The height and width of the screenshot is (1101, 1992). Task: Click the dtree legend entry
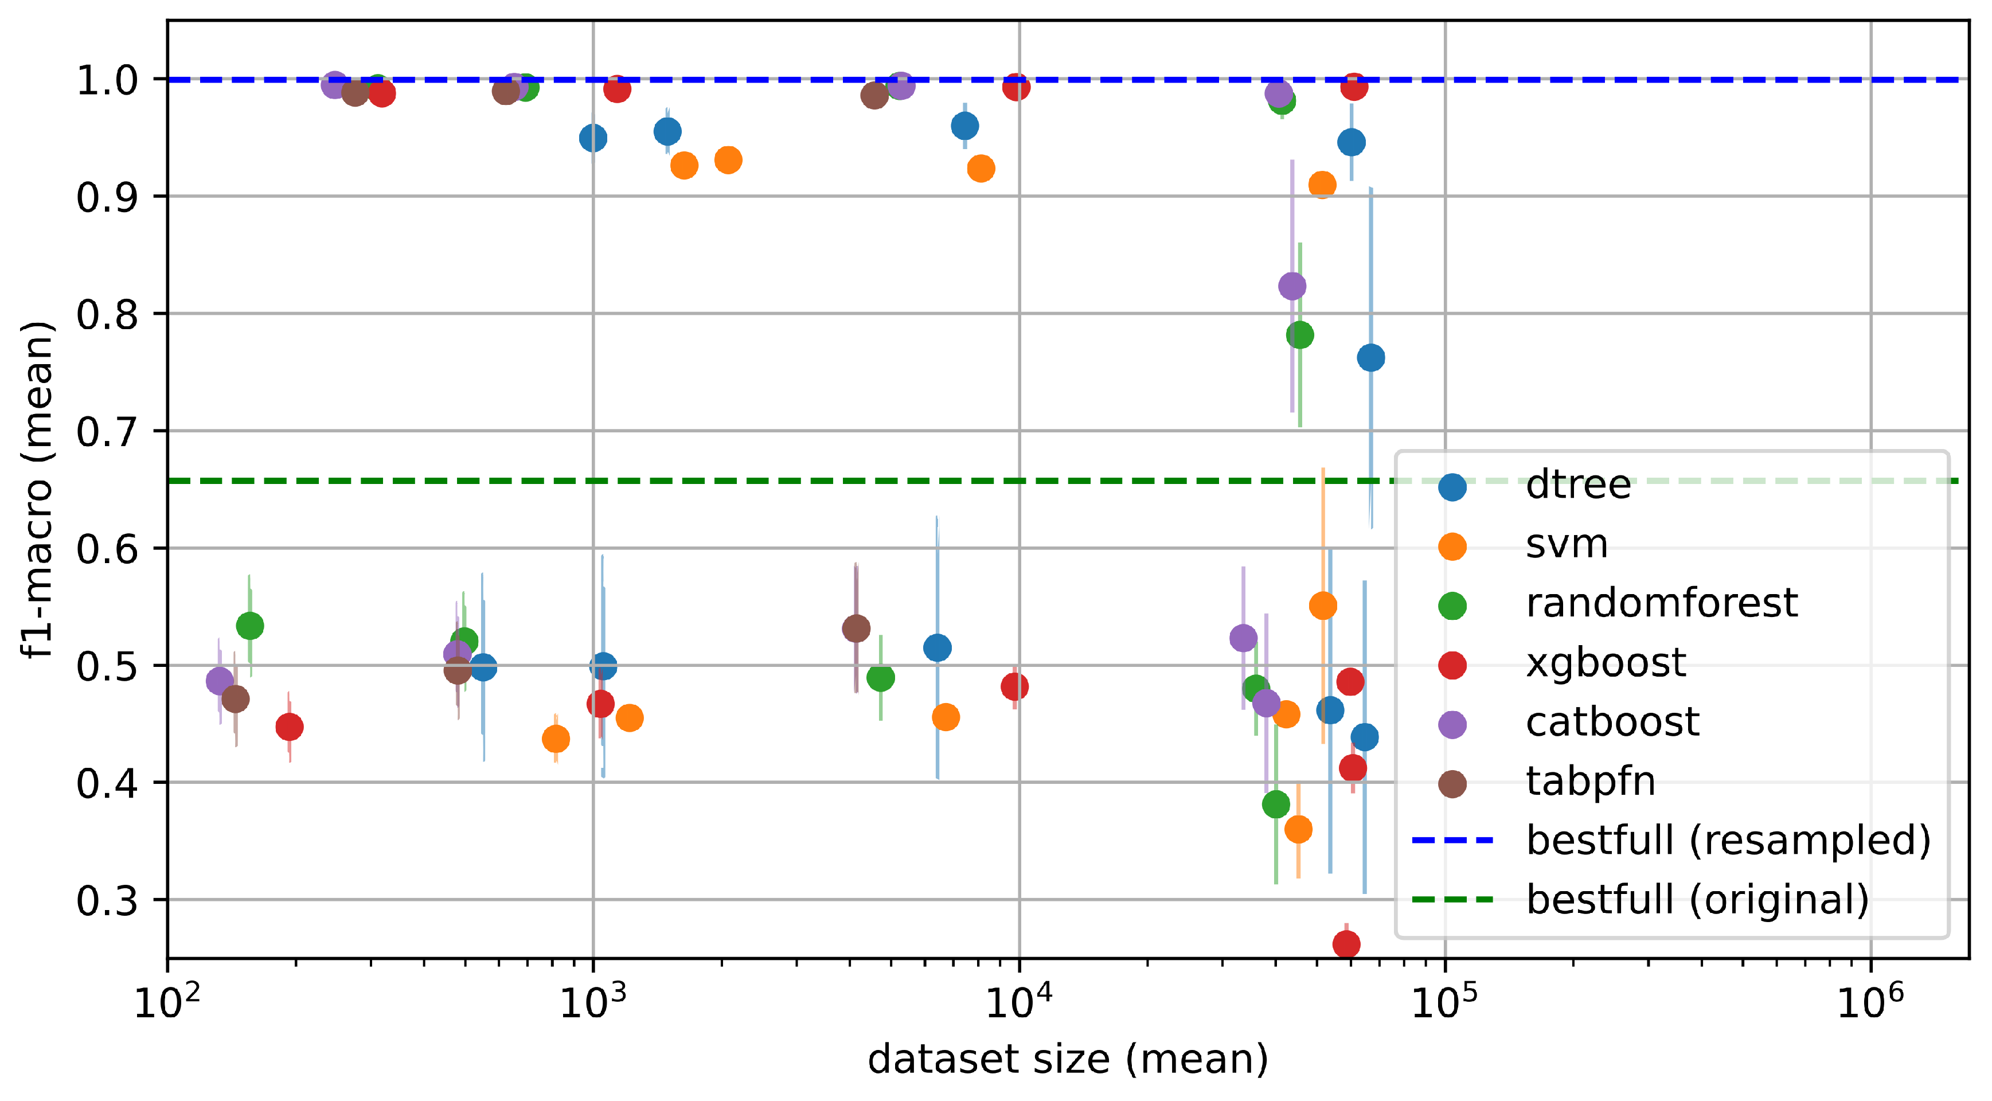tap(1577, 485)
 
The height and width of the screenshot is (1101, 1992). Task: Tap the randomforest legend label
tap(1661, 603)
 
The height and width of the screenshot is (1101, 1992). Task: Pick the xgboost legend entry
tap(1606, 663)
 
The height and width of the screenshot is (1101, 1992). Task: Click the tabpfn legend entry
tap(1590, 782)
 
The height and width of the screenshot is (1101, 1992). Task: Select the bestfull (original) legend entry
tap(1697, 900)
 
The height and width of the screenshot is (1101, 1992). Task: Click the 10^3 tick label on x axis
tap(592, 1002)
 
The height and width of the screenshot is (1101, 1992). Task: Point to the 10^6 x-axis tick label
tap(1870, 1002)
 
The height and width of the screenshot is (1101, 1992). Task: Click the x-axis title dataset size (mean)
tap(1067, 1059)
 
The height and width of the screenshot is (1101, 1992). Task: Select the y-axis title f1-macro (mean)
tap(37, 489)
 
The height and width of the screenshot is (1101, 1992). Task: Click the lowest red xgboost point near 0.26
tap(1346, 944)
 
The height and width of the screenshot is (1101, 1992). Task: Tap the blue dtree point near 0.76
tap(1371, 357)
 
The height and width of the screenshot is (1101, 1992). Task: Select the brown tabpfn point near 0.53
tap(856, 628)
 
